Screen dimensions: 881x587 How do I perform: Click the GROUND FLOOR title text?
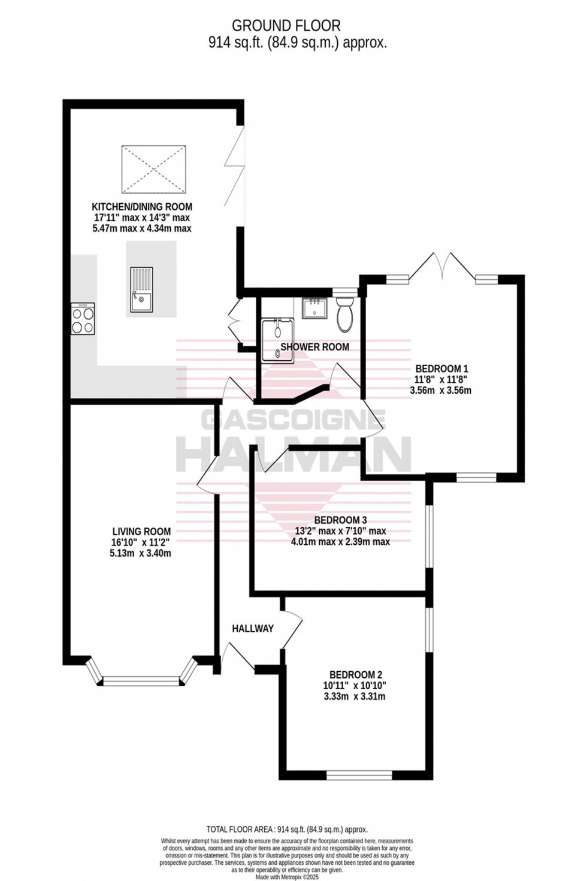coord(286,26)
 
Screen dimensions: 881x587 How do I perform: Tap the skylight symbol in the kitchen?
coord(154,169)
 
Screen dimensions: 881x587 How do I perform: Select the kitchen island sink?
coord(142,290)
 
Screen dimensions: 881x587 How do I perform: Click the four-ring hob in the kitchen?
coord(83,318)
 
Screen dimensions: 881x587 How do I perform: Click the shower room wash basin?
coord(314,309)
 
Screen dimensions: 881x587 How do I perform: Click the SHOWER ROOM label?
coord(314,347)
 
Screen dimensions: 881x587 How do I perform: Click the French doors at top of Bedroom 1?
coord(444,266)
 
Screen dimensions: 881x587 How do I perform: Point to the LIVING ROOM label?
coord(141,531)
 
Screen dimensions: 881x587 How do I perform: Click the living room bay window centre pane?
coord(141,681)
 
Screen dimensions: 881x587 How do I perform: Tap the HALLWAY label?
coord(253,628)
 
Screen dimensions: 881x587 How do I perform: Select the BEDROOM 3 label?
coord(340,520)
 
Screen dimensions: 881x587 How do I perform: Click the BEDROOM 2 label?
coord(355,674)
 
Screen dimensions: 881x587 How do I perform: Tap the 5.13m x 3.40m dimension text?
coord(141,553)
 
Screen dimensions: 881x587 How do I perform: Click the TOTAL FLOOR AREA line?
coord(287,829)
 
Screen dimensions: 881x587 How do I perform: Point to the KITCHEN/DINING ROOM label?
coord(142,207)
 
